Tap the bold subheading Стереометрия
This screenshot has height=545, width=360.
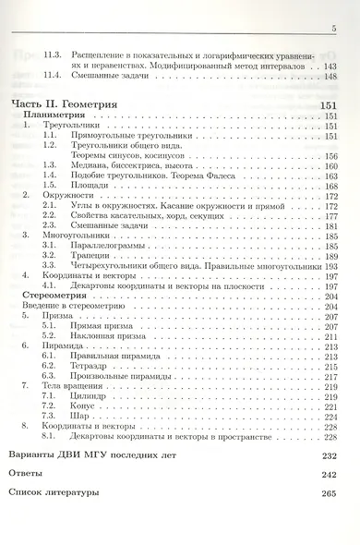pyautogui.click(x=52, y=296)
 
